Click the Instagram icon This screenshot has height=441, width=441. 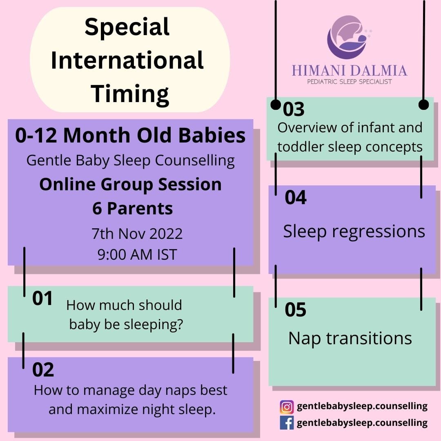tap(287, 407)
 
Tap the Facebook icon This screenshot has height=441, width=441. tap(287, 423)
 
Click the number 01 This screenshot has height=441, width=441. tap(42, 298)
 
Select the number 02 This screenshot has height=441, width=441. tap(43, 370)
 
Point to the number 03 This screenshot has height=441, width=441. tap(294, 109)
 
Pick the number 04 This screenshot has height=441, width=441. tap(296, 198)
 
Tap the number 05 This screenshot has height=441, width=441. tap(295, 310)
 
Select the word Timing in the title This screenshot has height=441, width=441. tap(130, 94)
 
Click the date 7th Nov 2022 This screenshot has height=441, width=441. tap(137, 234)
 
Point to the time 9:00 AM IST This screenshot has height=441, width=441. tap(137, 254)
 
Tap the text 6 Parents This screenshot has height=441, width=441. tap(132, 208)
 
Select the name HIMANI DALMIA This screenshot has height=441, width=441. tap(350, 70)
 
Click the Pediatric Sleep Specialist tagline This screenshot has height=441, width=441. tap(349, 82)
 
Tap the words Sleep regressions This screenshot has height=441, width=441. tap(354, 232)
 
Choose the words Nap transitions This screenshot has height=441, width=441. tap(350, 338)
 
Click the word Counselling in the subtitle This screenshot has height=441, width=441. tap(195, 161)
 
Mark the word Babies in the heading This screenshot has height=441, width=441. tap(212, 136)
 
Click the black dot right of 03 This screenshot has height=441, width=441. tap(423, 105)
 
